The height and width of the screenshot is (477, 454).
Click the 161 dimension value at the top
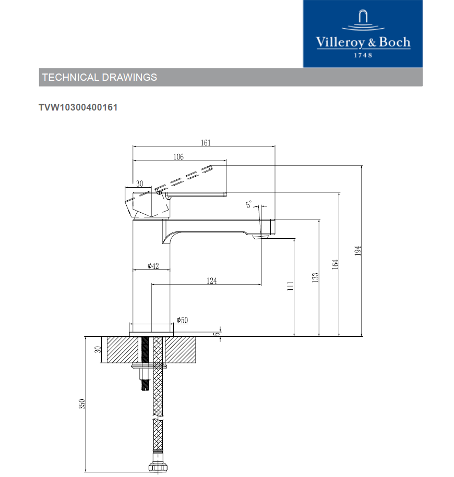(x=206, y=143)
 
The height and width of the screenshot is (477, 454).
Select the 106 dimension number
(x=178, y=157)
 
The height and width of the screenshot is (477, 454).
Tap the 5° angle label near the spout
(x=249, y=204)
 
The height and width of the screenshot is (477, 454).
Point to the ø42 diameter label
(x=153, y=266)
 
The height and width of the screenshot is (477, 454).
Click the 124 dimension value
(x=212, y=280)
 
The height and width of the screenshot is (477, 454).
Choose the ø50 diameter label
(x=182, y=320)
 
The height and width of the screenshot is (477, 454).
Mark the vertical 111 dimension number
(x=291, y=286)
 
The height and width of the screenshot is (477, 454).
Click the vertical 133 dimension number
(x=315, y=278)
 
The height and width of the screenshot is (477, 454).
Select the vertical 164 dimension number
(x=335, y=264)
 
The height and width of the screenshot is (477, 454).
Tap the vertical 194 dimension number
(x=358, y=251)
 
